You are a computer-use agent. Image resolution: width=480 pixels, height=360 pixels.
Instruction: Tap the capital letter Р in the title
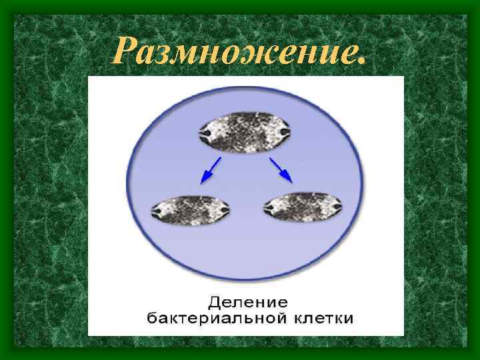pyautogui.click(x=125, y=50)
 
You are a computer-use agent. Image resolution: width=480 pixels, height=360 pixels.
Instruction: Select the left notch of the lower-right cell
pyautogui.click(x=269, y=210)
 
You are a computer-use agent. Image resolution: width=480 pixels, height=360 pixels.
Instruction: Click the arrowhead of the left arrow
pyautogui.click(x=203, y=178)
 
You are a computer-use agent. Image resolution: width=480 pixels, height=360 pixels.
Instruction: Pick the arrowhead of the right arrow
pyautogui.click(x=287, y=177)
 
